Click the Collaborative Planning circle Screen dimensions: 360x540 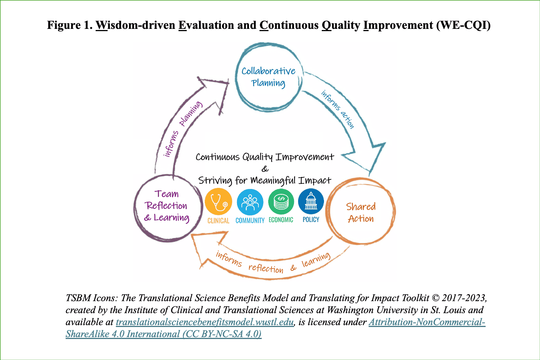coord(268,77)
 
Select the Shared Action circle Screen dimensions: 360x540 coord(361,212)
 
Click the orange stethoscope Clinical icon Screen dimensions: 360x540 coord(218,202)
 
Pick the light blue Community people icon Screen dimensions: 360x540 coord(250,202)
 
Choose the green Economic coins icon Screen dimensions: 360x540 coord(281,202)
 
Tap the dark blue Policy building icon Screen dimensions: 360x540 coord(311,201)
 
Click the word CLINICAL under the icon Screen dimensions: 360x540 coord(218,220)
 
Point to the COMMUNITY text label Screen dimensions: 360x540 coord(250,220)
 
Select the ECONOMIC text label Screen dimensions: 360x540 coord(281,220)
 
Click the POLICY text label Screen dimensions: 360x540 coord(311,220)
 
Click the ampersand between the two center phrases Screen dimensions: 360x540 coord(265,169)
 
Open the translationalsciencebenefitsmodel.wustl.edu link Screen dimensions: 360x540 coord(205,322)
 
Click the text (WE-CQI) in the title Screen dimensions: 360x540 coord(463,25)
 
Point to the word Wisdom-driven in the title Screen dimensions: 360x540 coord(135,25)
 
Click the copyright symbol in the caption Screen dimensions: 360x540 coord(435,298)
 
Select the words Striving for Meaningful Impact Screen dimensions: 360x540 coord(265,181)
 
